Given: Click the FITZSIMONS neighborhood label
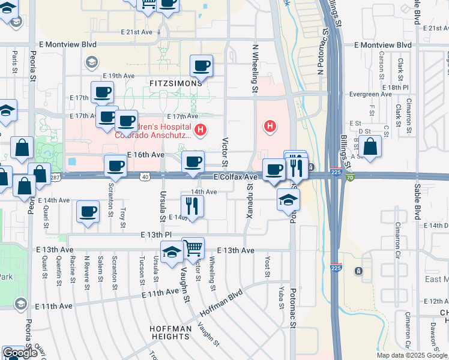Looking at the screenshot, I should (x=172, y=83).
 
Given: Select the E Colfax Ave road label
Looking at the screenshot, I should (x=235, y=177).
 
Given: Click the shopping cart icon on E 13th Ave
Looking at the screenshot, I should (x=193, y=248).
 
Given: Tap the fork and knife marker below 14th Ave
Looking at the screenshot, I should (x=193, y=206).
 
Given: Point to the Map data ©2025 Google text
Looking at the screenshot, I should (x=412, y=355).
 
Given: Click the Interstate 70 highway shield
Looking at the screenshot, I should (x=350, y=177).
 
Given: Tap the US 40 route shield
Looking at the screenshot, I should (x=145, y=176).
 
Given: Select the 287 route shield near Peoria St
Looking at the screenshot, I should (x=56, y=177).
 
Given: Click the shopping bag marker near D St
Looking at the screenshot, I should (x=370, y=147).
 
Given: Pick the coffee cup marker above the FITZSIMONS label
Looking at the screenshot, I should (x=201, y=66).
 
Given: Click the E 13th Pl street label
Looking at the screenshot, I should (x=157, y=235).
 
